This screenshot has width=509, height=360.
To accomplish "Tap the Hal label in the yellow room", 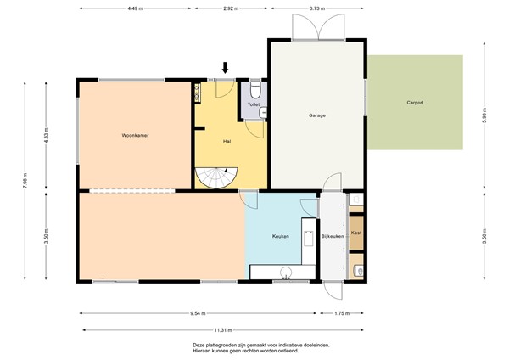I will click(x=227, y=141).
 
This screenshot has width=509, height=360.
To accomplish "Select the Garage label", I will click(x=317, y=115).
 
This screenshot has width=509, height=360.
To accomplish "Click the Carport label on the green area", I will click(x=415, y=103).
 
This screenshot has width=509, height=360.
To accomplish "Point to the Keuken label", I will click(x=281, y=237).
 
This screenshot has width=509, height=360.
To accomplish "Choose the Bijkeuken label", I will click(x=332, y=237).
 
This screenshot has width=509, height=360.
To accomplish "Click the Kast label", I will click(x=356, y=233).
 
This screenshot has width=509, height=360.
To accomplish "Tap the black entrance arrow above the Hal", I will click(x=225, y=68).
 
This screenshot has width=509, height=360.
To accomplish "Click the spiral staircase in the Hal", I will click(x=218, y=176).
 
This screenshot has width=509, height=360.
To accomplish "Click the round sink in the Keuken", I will click(x=286, y=273).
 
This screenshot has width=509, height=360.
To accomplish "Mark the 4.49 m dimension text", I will click(x=134, y=9).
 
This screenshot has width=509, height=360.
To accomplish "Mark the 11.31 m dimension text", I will click(x=223, y=330).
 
